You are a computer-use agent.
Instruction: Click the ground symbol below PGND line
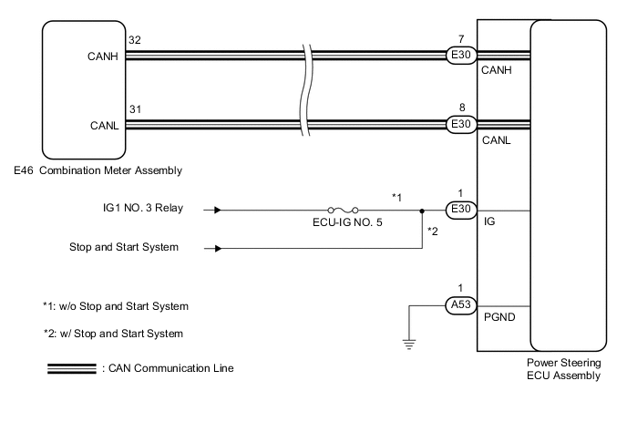tap(410, 343)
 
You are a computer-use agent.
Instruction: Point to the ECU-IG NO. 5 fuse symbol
tap(344, 209)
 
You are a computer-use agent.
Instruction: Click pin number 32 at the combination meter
tap(135, 41)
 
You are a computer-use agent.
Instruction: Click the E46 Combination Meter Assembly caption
tap(98, 170)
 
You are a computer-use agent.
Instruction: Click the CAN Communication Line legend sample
tap(71, 368)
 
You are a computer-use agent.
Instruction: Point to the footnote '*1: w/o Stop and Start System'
tap(115, 304)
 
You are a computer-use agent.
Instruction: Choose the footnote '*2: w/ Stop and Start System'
tap(113, 334)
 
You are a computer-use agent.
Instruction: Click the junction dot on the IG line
tap(422, 209)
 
